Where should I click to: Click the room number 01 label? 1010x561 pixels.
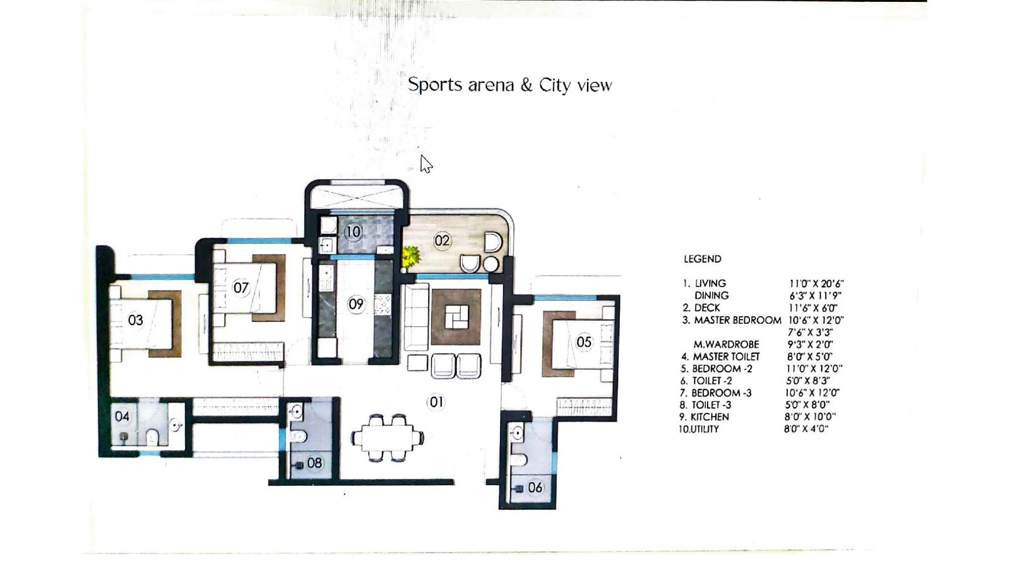[436, 402]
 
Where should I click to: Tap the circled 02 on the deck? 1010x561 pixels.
[442, 240]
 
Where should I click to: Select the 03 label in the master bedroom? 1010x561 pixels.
[135, 320]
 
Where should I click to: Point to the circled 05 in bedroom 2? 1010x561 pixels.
[584, 342]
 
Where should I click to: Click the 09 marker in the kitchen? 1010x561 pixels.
[356, 304]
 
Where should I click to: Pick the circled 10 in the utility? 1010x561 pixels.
[353, 232]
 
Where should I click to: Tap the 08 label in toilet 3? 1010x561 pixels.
[314, 463]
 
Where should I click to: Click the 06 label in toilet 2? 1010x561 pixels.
[535, 487]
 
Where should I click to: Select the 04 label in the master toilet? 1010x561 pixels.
[122, 416]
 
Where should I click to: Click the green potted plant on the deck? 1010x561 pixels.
[411, 256]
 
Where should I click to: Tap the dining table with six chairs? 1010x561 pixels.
[387, 437]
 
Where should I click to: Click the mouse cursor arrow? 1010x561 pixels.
[426, 164]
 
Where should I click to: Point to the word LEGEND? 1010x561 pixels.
[702, 259]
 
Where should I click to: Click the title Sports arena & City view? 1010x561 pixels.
[509, 85]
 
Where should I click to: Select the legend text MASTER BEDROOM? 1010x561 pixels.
[737, 320]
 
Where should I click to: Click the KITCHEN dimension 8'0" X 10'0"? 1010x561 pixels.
[810, 416]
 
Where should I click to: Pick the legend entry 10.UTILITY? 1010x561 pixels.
[699, 429]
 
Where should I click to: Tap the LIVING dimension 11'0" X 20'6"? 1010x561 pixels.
[816, 284]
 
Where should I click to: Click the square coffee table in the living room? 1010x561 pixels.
[456, 317]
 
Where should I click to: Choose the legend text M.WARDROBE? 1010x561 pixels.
[726, 345]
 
